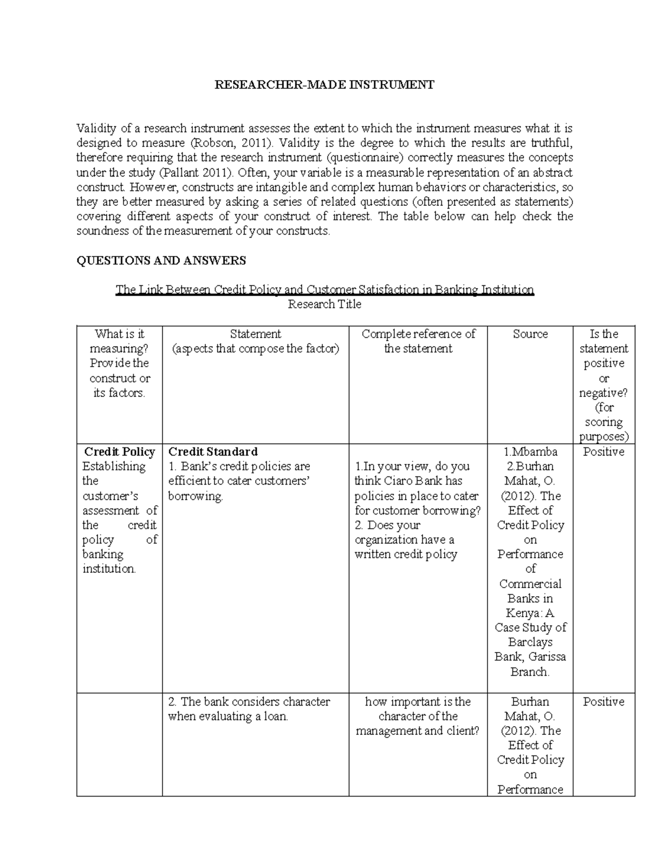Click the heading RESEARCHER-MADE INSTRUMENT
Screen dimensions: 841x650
point(324,84)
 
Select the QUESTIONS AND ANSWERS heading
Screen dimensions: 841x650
point(161,260)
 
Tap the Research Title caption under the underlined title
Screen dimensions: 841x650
point(324,304)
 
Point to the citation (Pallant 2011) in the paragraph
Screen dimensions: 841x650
point(197,173)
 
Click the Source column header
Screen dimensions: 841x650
point(530,334)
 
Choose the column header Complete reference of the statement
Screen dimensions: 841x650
point(418,341)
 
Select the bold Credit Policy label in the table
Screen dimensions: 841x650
point(119,452)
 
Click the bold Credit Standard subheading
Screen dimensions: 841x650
point(213,452)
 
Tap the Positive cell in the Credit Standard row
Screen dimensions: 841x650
point(603,452)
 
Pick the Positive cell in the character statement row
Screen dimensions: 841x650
point(603,702)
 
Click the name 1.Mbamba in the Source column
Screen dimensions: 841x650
point(530,452)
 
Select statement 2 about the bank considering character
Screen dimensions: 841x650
point(249,709)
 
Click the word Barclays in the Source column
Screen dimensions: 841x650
point(530,642)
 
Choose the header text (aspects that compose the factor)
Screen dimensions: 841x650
point(255,349)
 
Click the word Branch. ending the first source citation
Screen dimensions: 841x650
point(530,672)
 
